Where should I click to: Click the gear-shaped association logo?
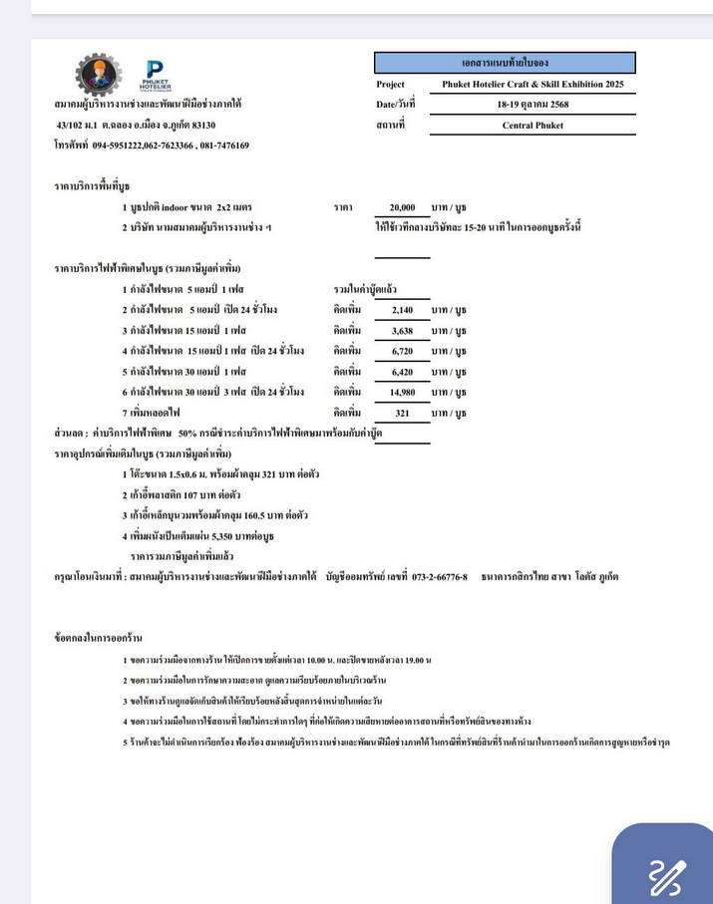98,74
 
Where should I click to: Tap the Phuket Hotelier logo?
155,75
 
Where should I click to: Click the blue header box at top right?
505,63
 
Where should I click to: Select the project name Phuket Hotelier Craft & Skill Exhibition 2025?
533,85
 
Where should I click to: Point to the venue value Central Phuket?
533,126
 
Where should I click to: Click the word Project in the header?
391,85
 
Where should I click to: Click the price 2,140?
402,310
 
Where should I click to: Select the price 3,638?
402,330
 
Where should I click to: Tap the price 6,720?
402,351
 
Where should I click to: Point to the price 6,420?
402,371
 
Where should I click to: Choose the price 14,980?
402,392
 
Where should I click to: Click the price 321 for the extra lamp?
403,412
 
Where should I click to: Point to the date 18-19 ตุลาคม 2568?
533,105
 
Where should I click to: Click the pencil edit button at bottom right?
664,874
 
